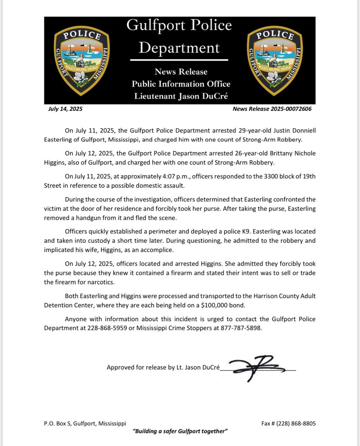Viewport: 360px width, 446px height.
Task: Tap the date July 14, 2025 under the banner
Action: coord(65,109)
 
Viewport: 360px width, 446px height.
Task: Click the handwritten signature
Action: coord(258,369)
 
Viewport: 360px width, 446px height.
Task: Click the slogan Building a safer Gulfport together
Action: coord(180,431)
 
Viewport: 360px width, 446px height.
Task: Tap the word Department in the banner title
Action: coord(179,48)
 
